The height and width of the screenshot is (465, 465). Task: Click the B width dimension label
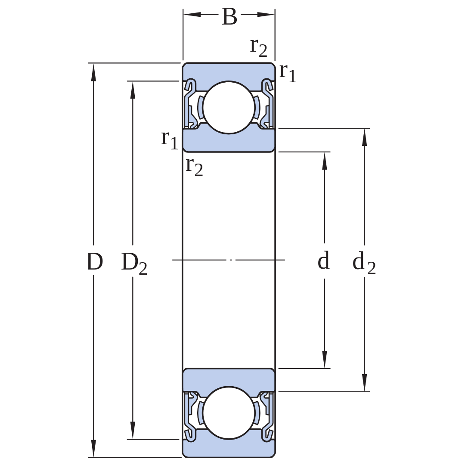point(229,17)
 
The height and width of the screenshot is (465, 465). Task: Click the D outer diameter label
point(95,262)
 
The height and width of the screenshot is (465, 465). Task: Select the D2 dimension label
point(134,263)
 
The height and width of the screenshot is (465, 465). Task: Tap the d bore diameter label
point(323,260)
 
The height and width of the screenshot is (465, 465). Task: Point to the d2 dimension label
point(364,263)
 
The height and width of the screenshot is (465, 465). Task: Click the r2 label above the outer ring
point(259,47)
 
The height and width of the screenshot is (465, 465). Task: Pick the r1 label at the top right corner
point(288,72)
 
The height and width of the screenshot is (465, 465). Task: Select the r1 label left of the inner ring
point(170,139)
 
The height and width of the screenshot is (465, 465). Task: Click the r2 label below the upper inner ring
point(194,167)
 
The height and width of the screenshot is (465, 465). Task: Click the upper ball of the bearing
point(229,107)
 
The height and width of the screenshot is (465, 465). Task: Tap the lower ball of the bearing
point(229,413)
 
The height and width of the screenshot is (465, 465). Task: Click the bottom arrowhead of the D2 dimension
point(133,430)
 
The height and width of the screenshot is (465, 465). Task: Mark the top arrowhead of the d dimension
point(325,161)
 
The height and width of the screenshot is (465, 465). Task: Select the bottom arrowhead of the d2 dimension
point(365,383)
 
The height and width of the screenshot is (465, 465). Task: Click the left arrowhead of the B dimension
point(192,14)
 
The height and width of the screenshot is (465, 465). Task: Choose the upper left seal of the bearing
point(191,104)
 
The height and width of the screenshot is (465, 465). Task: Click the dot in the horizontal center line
point(231,260)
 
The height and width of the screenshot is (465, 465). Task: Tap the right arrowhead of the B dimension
point(266,14)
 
